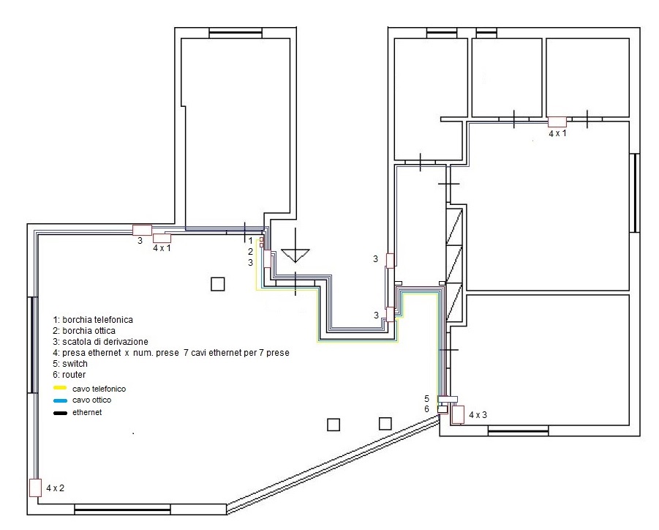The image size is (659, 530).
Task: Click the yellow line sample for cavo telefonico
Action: pos(60,388)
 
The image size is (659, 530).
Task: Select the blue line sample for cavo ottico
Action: pos(60,400)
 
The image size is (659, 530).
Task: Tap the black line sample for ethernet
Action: pos(60,413)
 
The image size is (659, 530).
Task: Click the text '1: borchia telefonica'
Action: pos(93,320)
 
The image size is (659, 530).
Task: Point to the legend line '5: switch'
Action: pos(70,363)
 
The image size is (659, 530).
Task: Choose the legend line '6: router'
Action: pos(69,374)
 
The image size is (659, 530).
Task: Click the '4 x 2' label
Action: pos(55,488)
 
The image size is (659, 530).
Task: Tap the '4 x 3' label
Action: pos(478,415)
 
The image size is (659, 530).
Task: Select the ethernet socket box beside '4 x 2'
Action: pos(35,488)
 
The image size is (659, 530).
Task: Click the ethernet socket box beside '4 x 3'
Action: pos(458,414)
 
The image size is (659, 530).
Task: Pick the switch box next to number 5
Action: pos(448,399)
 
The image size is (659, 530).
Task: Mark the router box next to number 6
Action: pos(443,409)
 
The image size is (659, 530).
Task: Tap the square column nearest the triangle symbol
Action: pos(218,284)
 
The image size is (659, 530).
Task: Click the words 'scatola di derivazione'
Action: pos(105,342)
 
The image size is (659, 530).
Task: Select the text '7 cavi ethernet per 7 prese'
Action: pos(236,353)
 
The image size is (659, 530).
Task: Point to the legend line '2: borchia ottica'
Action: pos(84,331)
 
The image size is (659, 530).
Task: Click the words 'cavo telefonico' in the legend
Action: pos(99,389)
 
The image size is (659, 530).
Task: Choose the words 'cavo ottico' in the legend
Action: pos(91,400)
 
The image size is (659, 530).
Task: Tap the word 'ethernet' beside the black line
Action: pos(87,412)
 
